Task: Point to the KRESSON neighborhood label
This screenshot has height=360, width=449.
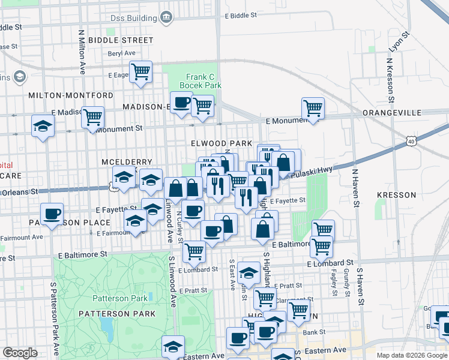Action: [396, 195]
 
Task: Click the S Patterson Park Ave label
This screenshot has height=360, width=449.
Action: [53, 318]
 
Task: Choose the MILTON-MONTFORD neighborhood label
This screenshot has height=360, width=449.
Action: [70, 95]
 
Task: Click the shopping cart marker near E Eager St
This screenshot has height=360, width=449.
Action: [140, 71]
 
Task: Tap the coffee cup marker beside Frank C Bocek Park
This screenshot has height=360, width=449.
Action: [181, 102]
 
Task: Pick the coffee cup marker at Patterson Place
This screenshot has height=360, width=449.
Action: [52, 213]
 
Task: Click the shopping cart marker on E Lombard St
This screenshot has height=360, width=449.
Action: [194, 251]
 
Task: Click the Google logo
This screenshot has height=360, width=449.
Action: [20, 353]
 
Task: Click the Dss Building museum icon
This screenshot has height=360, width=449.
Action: [166, 18]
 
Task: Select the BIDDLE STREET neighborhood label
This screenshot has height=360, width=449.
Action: [121, 40]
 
